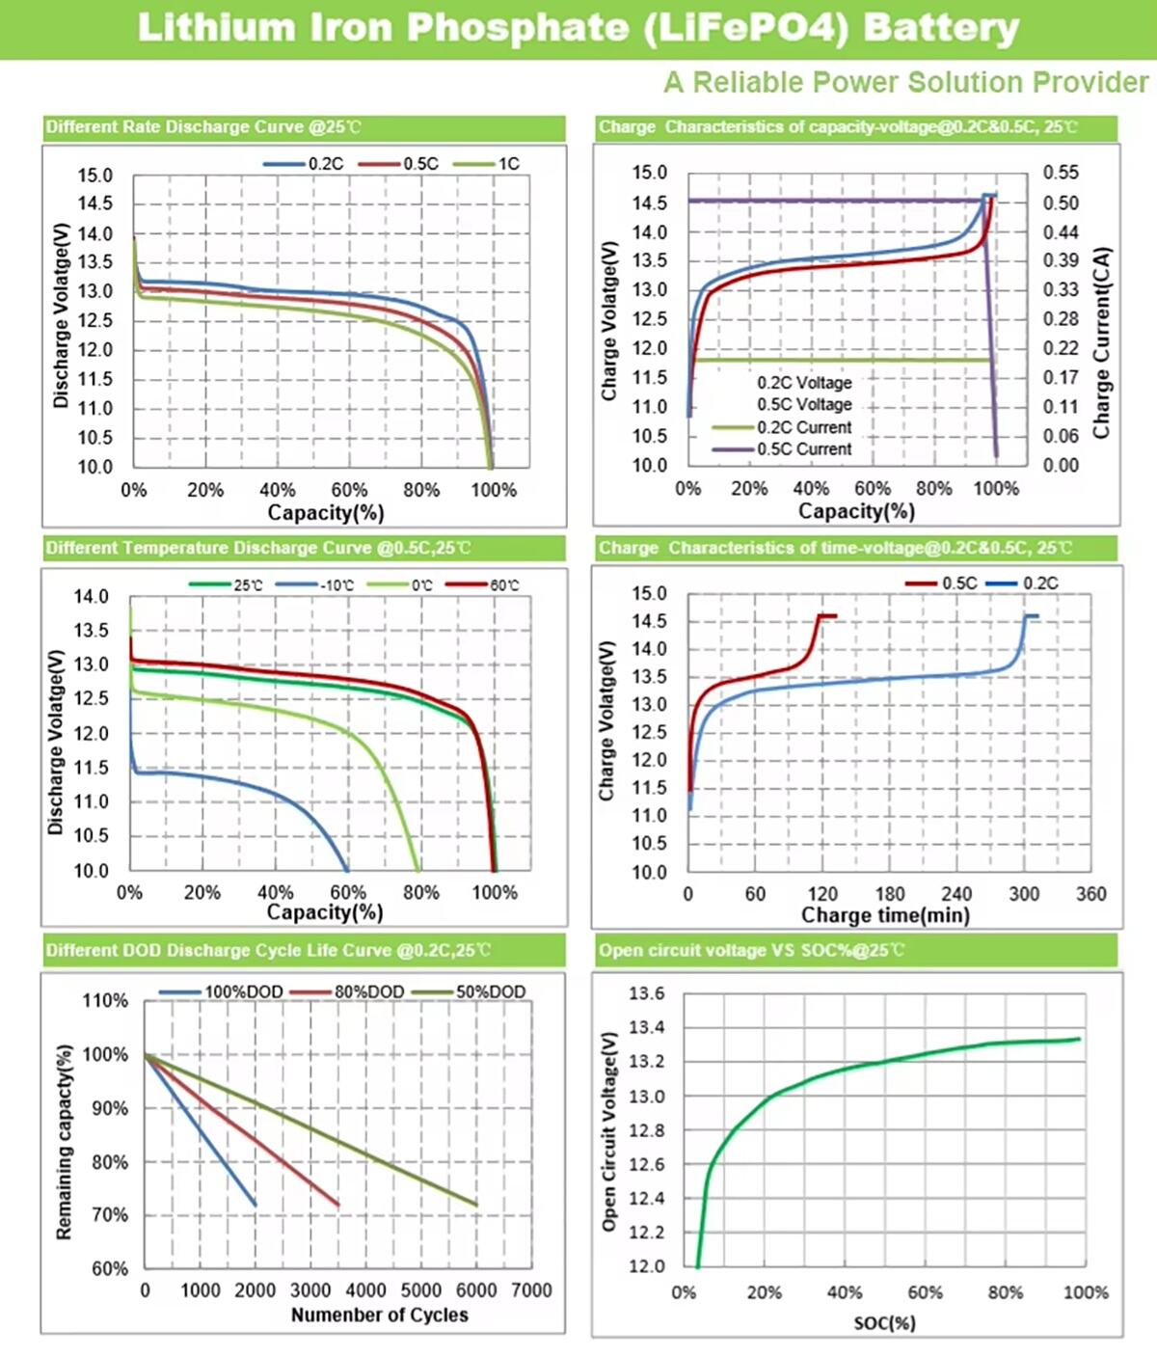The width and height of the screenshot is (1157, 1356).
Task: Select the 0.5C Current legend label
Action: pyautogui.click(x=803, y=449)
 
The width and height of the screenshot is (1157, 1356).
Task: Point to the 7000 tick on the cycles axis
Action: pyautogui.click(x=531, y=1290)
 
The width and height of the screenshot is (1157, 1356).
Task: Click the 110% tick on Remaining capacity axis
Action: pyautogui.click(x=105, y=1001)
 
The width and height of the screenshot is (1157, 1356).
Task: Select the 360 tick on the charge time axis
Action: pyautogui.click(x=1090, y=894)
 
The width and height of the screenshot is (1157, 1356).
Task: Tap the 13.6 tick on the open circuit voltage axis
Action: pyautogui.click(x=646, y=993)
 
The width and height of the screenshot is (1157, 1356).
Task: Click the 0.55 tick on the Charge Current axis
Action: pyautogui.click(x=1061, y=173)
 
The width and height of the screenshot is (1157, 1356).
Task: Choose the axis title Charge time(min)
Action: pyautogui.click(x=885, y=915)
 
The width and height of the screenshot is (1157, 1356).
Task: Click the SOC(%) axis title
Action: pyautogui.click(x=884, y=1323)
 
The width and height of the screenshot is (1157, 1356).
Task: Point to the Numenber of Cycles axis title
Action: pyautogui.click(x=379, y=1315)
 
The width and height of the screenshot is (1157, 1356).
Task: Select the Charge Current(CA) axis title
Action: pyautogui.click(x=1102, y=343)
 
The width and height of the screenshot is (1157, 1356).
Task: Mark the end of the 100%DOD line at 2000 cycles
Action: pyautogui.click(x=256, y=1205)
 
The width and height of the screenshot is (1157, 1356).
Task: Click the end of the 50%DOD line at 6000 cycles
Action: pyautogui.click(x=476, y=1205)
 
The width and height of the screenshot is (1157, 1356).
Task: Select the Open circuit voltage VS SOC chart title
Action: pyautogui.click(x=752, y=950)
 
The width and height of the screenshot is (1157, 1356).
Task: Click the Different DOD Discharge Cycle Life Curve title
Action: pyautogui.click(x=268, y=950)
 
